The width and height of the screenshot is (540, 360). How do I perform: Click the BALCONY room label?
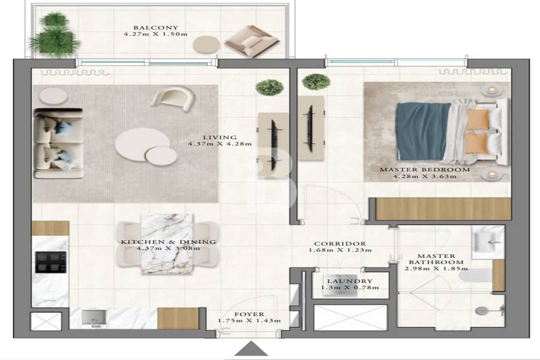(x=155, y=28)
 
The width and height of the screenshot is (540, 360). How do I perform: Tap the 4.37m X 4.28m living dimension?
(x=220, y=143)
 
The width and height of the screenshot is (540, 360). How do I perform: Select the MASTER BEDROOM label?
(x=425, y=169)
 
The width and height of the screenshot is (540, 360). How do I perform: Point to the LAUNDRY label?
(x=350, y=281)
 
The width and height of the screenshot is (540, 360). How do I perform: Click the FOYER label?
(x=250, y=314)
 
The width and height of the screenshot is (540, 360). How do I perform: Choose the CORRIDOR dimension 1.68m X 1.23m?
(x=340, y=250)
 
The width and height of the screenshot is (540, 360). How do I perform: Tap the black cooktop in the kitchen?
(x=50, y=262)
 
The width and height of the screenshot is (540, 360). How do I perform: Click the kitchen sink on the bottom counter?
(x=94, y=317)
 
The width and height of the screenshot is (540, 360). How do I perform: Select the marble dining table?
(x=167, y=244)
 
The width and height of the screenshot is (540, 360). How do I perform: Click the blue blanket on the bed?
(x=422, y=131)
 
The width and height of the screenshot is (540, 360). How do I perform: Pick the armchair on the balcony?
(x=252, y=41)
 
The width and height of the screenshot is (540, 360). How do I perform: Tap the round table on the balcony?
(x=206, y=45)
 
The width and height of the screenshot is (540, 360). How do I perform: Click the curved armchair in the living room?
(x=173, y=98)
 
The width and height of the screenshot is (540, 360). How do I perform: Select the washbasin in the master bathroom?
(x=487, y=241)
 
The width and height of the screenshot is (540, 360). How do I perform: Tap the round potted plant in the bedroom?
(x=316, y=82)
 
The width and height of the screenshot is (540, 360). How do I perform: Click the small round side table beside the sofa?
(x=53, y=95)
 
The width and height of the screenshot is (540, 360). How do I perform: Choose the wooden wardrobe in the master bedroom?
(x=443, y=209)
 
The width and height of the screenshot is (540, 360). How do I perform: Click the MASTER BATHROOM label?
(x=436, y=259)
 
